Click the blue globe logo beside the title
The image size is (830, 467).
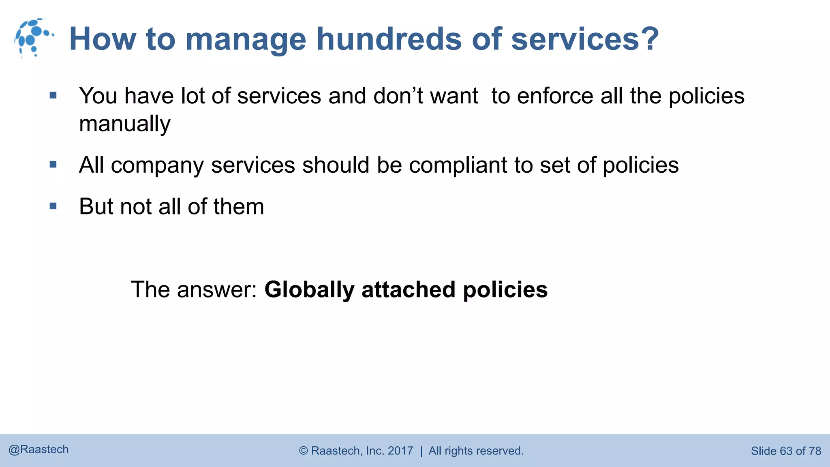(x=34, y=38)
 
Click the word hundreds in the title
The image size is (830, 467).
(x=389, y=39)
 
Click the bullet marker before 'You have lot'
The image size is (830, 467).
(x=53, y=96)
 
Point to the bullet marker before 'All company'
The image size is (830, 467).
(x=53, y=165)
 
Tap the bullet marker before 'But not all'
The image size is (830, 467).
(x=53, y=206)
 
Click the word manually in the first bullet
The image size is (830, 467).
(x=125, y=124)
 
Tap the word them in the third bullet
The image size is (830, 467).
(x=239, y=206)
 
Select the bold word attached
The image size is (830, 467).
(x=409, y=289)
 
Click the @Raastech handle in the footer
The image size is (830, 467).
(x=39, y=450)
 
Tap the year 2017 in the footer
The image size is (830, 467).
(x=400, y=451)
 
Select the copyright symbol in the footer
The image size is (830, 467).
(x=304, y=451)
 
